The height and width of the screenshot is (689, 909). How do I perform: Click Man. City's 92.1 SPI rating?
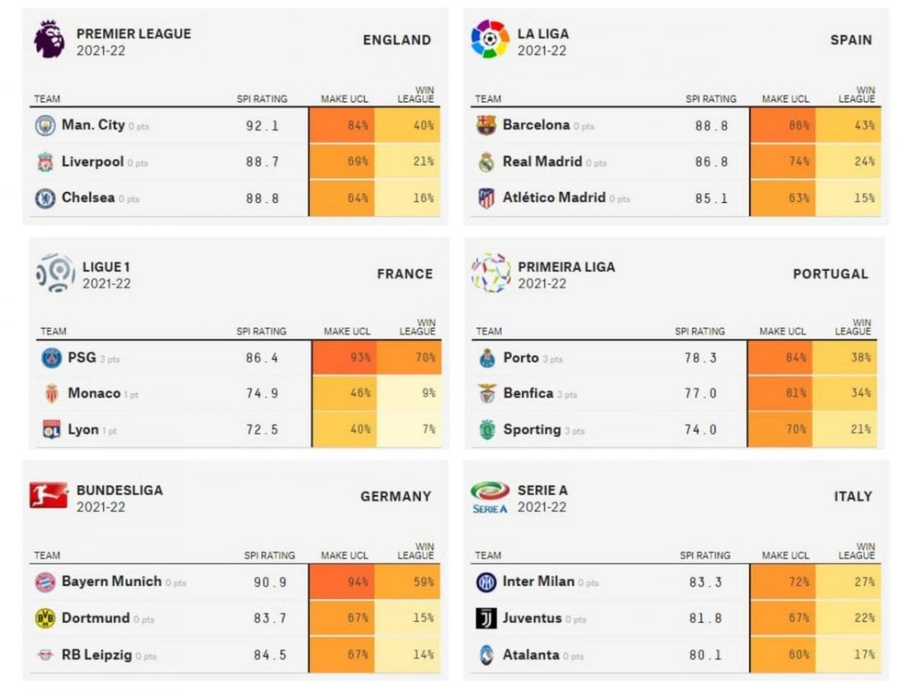tap(262, 126)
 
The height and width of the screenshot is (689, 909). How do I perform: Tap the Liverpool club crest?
tap(45, 162)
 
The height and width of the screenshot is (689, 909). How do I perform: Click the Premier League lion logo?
tap(49, 40)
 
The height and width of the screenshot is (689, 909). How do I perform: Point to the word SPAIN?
tap(851, 40)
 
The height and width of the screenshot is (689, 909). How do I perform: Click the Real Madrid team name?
tap(542, 161)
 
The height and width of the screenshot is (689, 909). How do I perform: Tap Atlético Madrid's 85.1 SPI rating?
tap(711, 199)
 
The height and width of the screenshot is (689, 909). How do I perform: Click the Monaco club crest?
tap(52, 394)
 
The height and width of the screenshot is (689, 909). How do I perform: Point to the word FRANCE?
tap(405, 274)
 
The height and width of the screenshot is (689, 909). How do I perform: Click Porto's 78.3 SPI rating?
tap(700, 358)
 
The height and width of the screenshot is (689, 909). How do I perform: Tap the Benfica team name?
tap(528, 393)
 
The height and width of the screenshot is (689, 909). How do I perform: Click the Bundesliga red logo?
tap(48, 496)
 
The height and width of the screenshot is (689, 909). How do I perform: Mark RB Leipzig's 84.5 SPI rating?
tap(270, 655)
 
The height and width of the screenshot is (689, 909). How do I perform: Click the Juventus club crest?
tap(486, 619)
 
